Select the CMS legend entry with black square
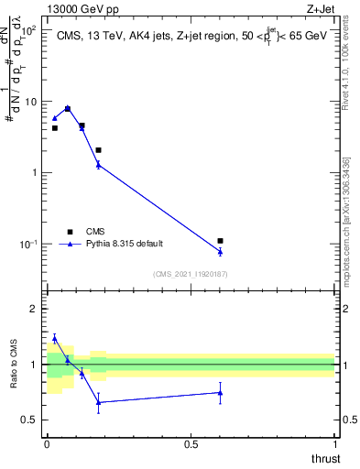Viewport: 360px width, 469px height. click(x=70, y=232)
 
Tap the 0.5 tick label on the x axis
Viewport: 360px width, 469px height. click(x=191, y=444)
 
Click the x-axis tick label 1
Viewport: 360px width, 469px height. click(x=335, y=444)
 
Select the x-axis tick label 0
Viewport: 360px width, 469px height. click(x=47, y=444)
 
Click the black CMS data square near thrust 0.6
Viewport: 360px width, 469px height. click(x=220, y=241)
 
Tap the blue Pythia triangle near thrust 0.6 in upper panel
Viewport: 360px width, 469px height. click(x=220, y=251)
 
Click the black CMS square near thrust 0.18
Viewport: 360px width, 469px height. click(x=98, y=149)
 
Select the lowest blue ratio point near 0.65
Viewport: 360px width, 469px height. click(x=98, y=402)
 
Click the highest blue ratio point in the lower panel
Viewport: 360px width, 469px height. click(x=55, y=338)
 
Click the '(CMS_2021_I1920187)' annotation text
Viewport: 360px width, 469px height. click(x=191, y=274)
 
